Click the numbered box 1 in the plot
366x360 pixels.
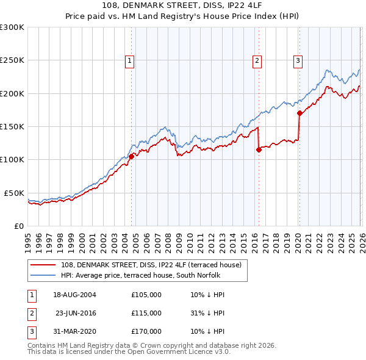tap(131, 60)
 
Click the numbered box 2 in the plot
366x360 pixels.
tap(257, 60)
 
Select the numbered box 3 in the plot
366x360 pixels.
tap(298, 60)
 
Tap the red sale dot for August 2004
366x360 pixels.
tap(131, 156)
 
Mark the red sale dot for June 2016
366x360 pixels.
tap(259, 149)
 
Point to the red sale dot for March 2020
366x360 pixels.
tap(300, 113)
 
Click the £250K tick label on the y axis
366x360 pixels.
tap(12, 60)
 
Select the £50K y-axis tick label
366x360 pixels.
tap(14, 193)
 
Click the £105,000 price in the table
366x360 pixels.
tap(146, 295)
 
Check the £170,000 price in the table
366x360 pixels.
tap(146, 331)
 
